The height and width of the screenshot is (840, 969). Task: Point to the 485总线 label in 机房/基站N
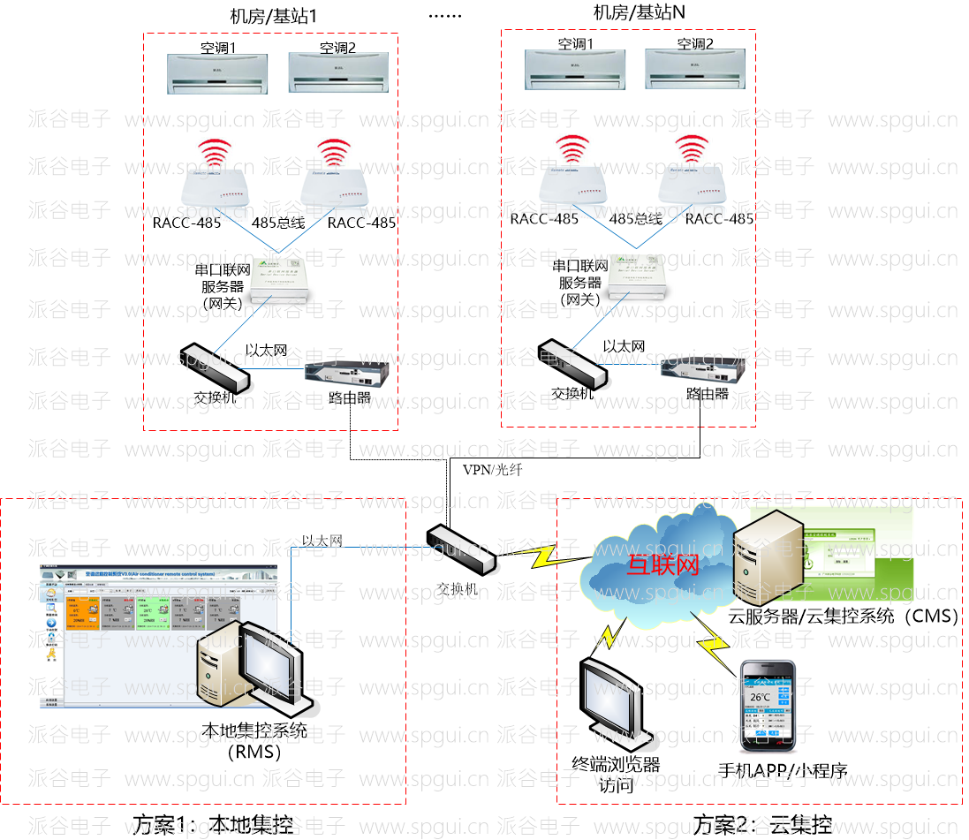tap(636, 218)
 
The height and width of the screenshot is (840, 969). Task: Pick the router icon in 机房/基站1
tap(337, 375)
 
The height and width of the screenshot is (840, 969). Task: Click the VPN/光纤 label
tap(492, 470)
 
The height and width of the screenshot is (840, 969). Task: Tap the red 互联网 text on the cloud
tap(662, 565)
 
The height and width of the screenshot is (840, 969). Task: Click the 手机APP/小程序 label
tap(782, 770)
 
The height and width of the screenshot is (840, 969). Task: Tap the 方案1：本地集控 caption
tap(212, 825)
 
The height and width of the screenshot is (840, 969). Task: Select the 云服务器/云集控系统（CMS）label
tap(844, 617)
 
